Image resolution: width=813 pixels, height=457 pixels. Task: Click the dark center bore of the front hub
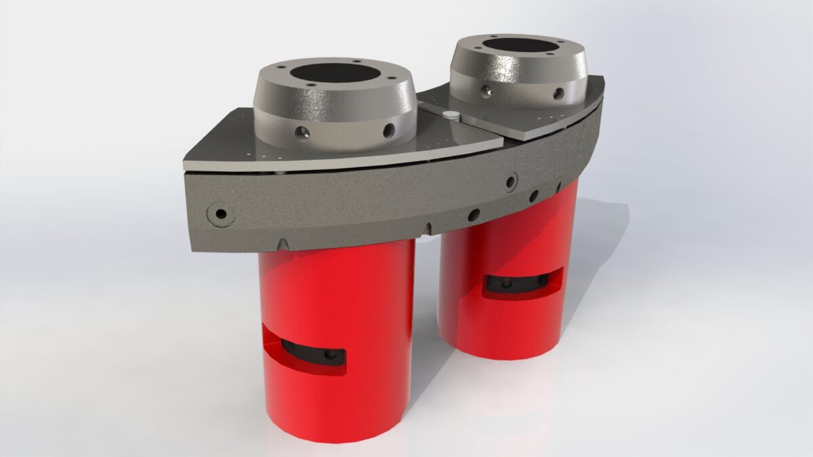(336, 75)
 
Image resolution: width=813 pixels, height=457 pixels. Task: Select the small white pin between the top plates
(449, 116)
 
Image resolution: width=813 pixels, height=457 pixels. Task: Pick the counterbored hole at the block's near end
(221, 214)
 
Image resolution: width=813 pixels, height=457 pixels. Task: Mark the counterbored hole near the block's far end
(511, 180)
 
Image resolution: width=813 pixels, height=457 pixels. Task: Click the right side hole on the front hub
(390, 129)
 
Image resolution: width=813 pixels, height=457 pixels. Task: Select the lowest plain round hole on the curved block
(474, 215)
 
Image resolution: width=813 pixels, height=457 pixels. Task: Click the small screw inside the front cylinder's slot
(331, 353)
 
